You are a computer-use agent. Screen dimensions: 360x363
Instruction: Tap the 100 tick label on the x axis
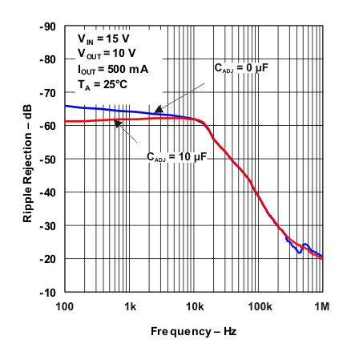point(65,307)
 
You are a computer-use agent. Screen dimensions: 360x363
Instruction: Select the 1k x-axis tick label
point(130,307)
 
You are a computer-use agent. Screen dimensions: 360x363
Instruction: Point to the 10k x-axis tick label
point(194,307)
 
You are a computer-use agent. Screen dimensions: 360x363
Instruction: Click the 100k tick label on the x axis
point(258,307)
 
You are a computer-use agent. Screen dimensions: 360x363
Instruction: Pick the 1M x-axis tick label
point(322,307)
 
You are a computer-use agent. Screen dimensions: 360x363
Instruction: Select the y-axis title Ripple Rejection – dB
point(26,160)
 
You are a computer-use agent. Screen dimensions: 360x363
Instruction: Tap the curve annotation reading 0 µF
point(240,70)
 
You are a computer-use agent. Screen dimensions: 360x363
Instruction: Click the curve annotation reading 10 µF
point(176,158)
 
